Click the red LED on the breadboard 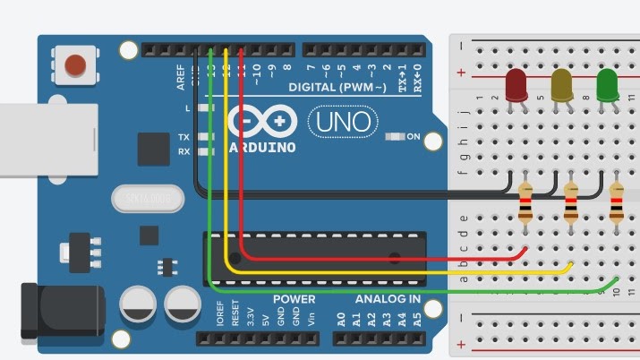[x=516, y=86]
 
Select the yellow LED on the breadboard [x=561, y=86]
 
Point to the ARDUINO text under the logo [x=262, y=147]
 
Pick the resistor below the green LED [x=616, y=203]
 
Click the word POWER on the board [x=294, y=299]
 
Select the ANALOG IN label [x=388, y=299]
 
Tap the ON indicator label [x=414, y=137]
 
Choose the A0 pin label [x=341, y=319]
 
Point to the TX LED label [x=183, y=137]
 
